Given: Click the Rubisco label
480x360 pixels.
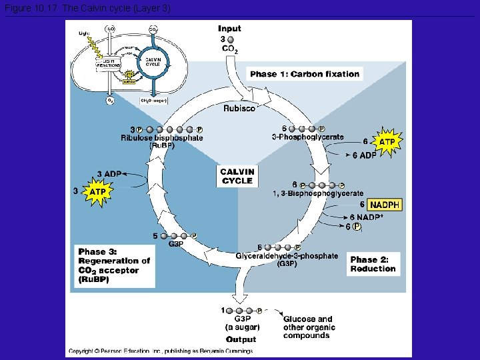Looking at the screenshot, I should pos(239,108).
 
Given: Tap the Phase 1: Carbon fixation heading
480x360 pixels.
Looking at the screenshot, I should pos(305,74).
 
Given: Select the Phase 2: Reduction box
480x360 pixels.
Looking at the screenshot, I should pos(373,264).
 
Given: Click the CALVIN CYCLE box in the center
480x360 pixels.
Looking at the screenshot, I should pos(237,176).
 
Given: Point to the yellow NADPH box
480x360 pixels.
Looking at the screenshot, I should pos(385,205).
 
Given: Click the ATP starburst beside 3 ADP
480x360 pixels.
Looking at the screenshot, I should pos(97,192).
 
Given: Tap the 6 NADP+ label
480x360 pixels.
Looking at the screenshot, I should pos(367,217).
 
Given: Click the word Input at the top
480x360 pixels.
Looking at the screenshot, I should pos(229,29).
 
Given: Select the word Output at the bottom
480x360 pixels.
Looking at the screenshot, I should pos(241,339).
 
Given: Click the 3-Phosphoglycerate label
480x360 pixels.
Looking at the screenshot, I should pos(308,137).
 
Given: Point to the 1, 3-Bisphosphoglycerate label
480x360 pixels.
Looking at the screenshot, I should pos(319,193).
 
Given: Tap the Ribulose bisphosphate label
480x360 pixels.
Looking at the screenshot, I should pos(162,138).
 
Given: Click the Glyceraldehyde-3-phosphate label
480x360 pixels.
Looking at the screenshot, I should pos(287,256).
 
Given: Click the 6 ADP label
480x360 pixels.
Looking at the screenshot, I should pos(364,155).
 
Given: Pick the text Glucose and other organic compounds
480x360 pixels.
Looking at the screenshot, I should pos(309,327).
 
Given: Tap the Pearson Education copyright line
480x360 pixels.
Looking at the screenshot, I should pos(160,351).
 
